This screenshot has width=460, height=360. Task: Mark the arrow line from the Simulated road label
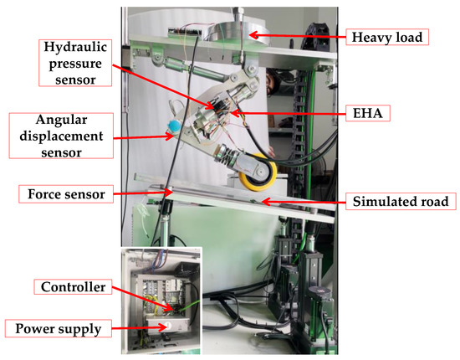(301, 202)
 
